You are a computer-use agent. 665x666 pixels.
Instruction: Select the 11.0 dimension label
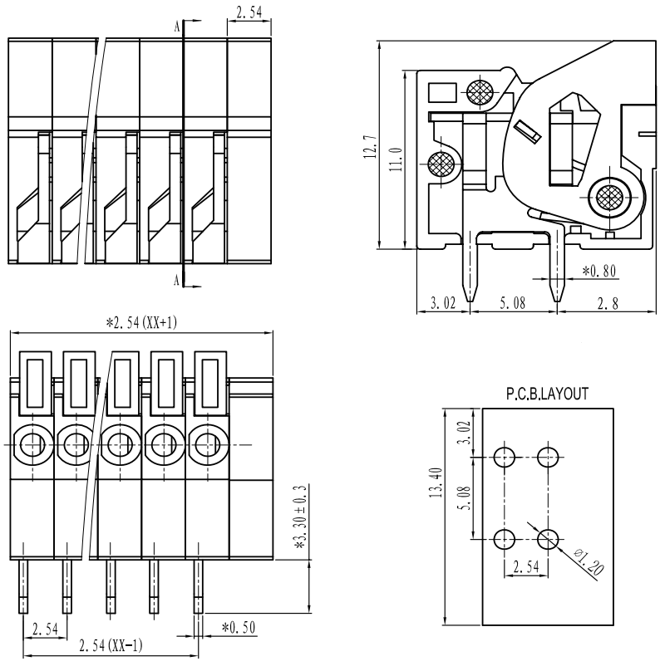(395, 157)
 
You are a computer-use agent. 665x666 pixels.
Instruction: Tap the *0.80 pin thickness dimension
(598, 270)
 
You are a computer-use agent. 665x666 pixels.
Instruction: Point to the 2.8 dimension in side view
(612, 304)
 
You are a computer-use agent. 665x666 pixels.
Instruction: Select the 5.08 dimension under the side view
(513, 304)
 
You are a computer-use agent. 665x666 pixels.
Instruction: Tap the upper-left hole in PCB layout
(504, 457)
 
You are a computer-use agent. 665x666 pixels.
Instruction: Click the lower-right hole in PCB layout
(547, 539)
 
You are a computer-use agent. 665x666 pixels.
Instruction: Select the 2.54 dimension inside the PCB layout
(525, 567)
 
